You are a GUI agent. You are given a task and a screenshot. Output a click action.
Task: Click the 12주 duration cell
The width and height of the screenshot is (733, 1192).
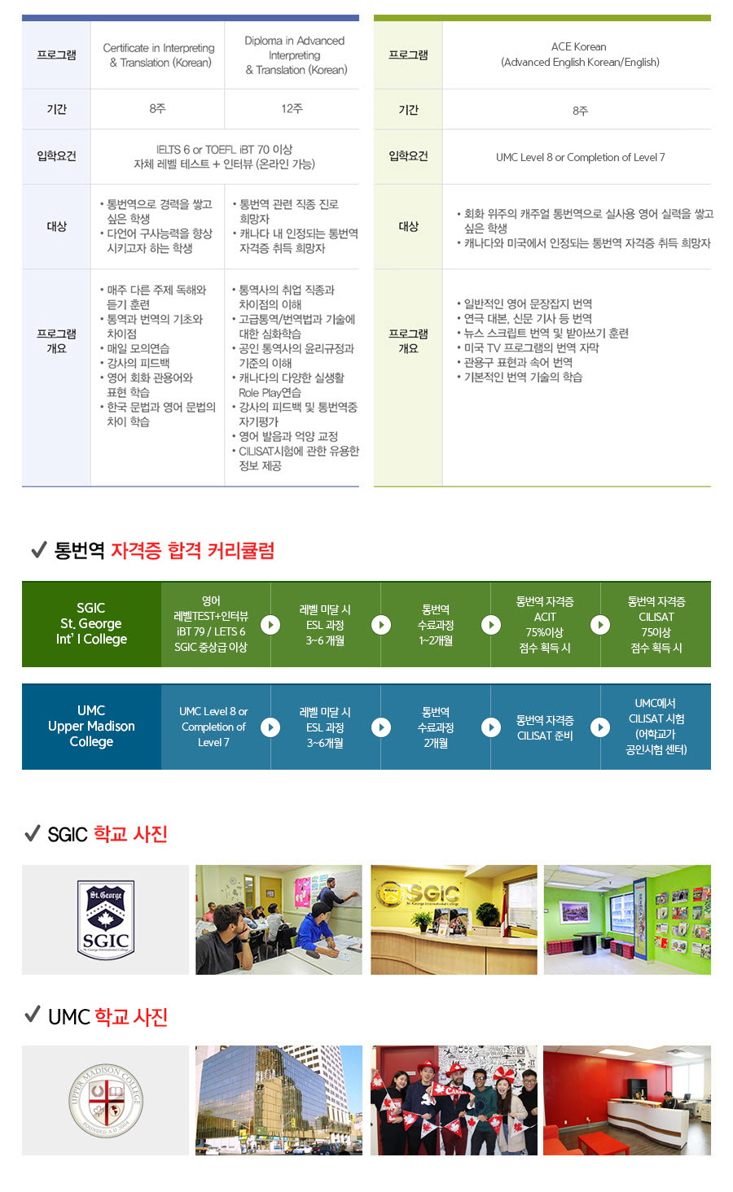point(292,108)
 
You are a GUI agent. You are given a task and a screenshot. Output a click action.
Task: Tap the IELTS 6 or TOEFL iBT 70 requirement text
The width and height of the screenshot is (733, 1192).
point(224,150)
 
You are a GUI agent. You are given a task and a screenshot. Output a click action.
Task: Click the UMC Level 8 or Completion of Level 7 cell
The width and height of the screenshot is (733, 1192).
point(580,158)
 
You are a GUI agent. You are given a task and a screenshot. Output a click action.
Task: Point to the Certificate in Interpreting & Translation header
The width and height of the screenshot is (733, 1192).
point(158,55)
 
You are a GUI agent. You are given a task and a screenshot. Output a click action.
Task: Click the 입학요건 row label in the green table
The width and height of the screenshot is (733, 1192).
point(408,156)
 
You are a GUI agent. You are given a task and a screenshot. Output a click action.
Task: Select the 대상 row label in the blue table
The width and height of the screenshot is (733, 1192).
point(56,227)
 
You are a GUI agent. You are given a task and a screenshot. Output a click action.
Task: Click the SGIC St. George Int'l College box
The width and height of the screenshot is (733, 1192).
point(91,624)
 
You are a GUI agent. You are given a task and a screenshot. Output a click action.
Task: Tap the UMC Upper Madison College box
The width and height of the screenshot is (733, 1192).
point(91,727)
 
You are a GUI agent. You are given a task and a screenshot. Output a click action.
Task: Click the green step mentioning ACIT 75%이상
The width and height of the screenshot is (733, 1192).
point(545,624)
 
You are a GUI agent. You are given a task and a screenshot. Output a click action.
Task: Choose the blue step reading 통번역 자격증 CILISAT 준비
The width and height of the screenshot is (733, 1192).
point(545,727)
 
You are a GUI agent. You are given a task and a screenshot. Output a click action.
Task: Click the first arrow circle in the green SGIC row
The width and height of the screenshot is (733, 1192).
point(270,624)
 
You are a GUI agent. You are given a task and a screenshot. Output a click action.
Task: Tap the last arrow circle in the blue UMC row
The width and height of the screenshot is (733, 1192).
point(600,727)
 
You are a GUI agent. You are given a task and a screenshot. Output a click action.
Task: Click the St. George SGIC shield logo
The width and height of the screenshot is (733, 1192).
point(106,919)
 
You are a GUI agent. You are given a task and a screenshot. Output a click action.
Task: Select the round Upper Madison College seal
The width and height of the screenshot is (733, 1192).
point(106,1100)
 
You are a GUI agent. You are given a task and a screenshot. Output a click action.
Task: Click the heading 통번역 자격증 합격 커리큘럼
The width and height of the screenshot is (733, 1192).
point(165,550)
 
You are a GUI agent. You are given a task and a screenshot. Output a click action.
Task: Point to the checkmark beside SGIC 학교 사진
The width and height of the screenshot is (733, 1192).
point(33,833)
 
